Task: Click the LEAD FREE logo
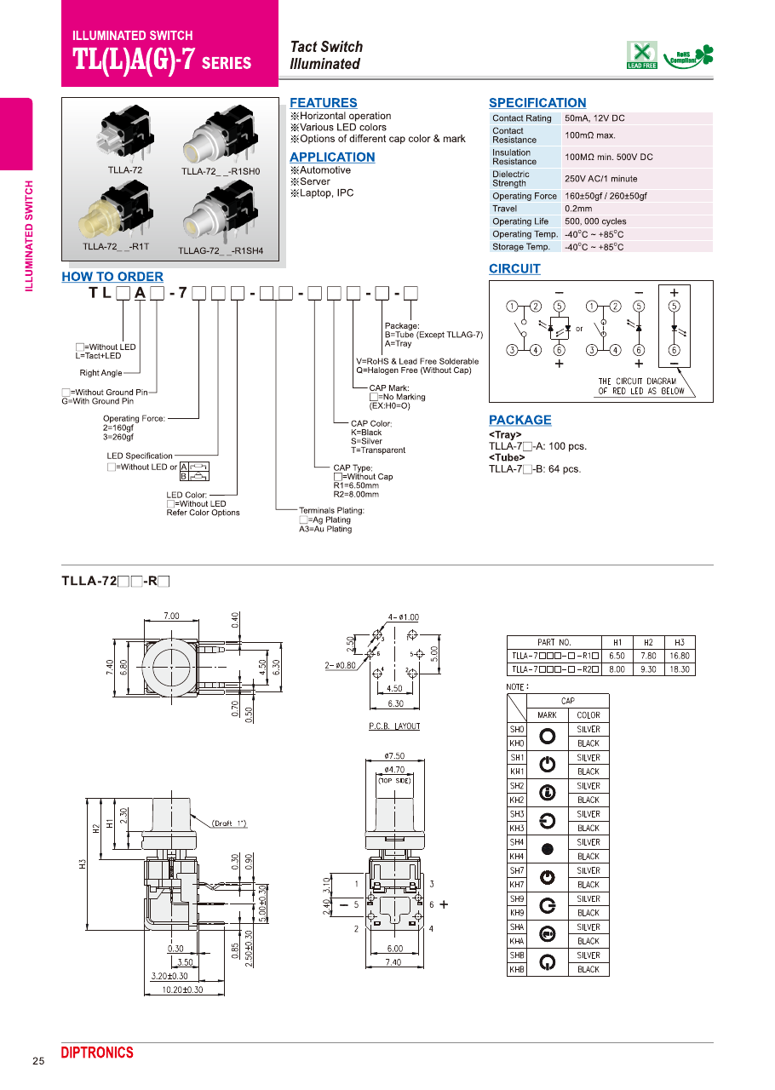[641, 55]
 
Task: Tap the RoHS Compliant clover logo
[689, 56]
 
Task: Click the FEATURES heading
[324, 103]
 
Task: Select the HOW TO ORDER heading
[112, 277]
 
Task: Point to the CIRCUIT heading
[514, 268]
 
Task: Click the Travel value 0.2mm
[578, 209]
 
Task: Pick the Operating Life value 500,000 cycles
[595, 221]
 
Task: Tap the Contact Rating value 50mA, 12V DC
[594, 118]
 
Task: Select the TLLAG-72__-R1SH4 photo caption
[221, 250]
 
